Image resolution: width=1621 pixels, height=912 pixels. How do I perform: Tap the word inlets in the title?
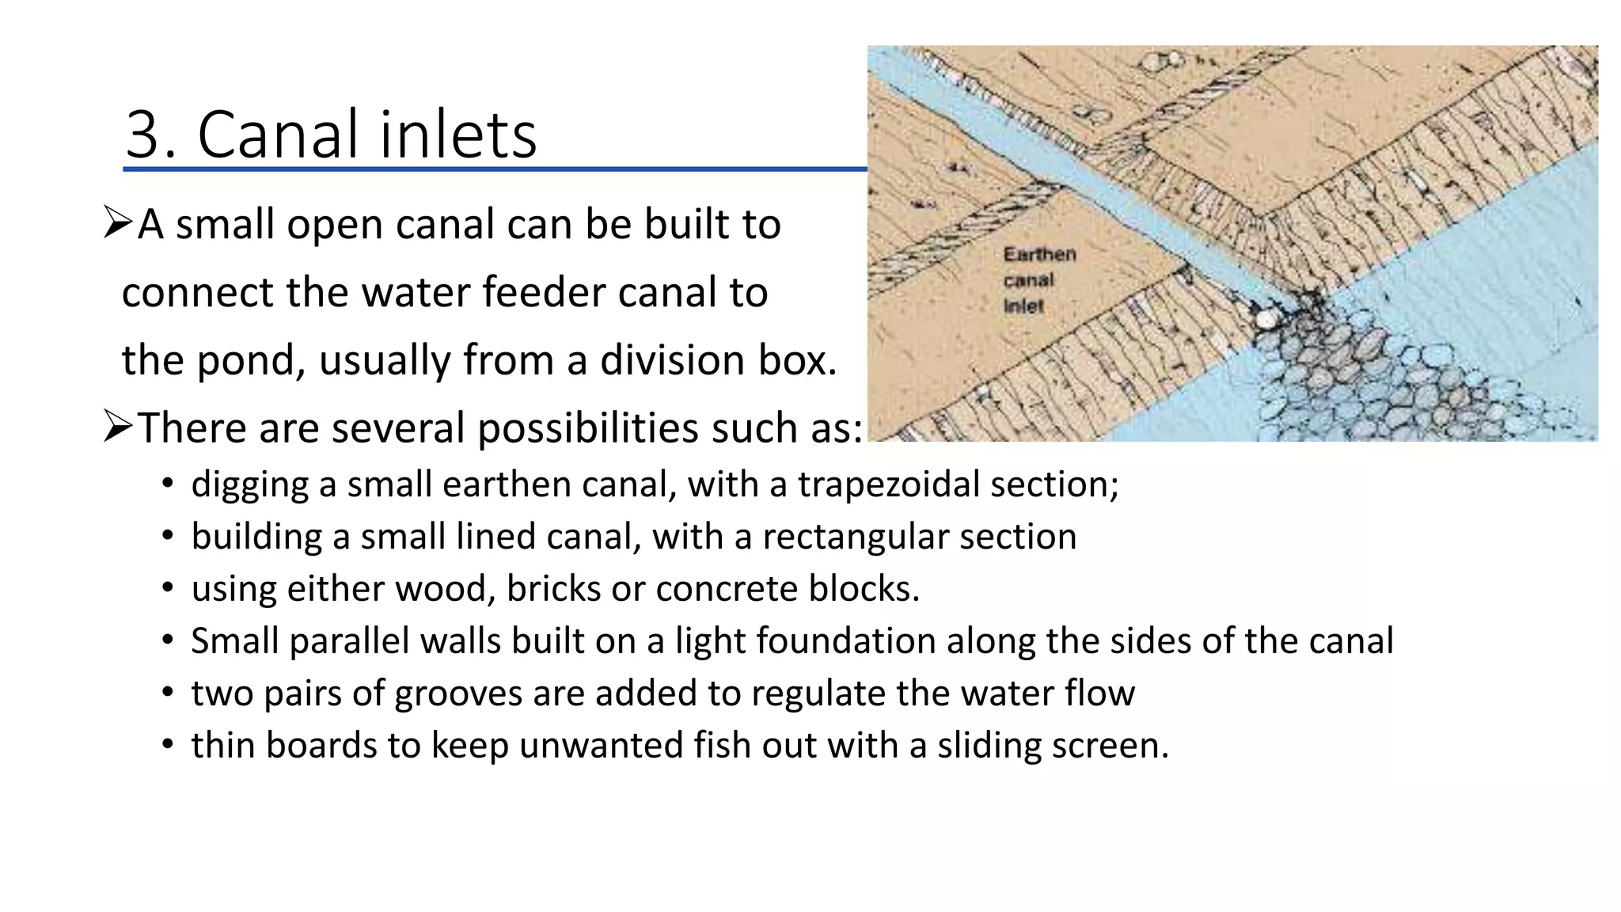pyautogui.click(x=458, y=134)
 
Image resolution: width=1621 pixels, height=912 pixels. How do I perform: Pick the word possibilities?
pyautogui.click(x=588, y=428)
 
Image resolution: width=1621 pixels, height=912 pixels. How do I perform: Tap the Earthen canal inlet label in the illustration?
pyautogui.click(x=1038, y=279)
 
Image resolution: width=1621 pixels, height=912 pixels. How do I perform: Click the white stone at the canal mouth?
pyautogui.click(x=1266, y=319)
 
